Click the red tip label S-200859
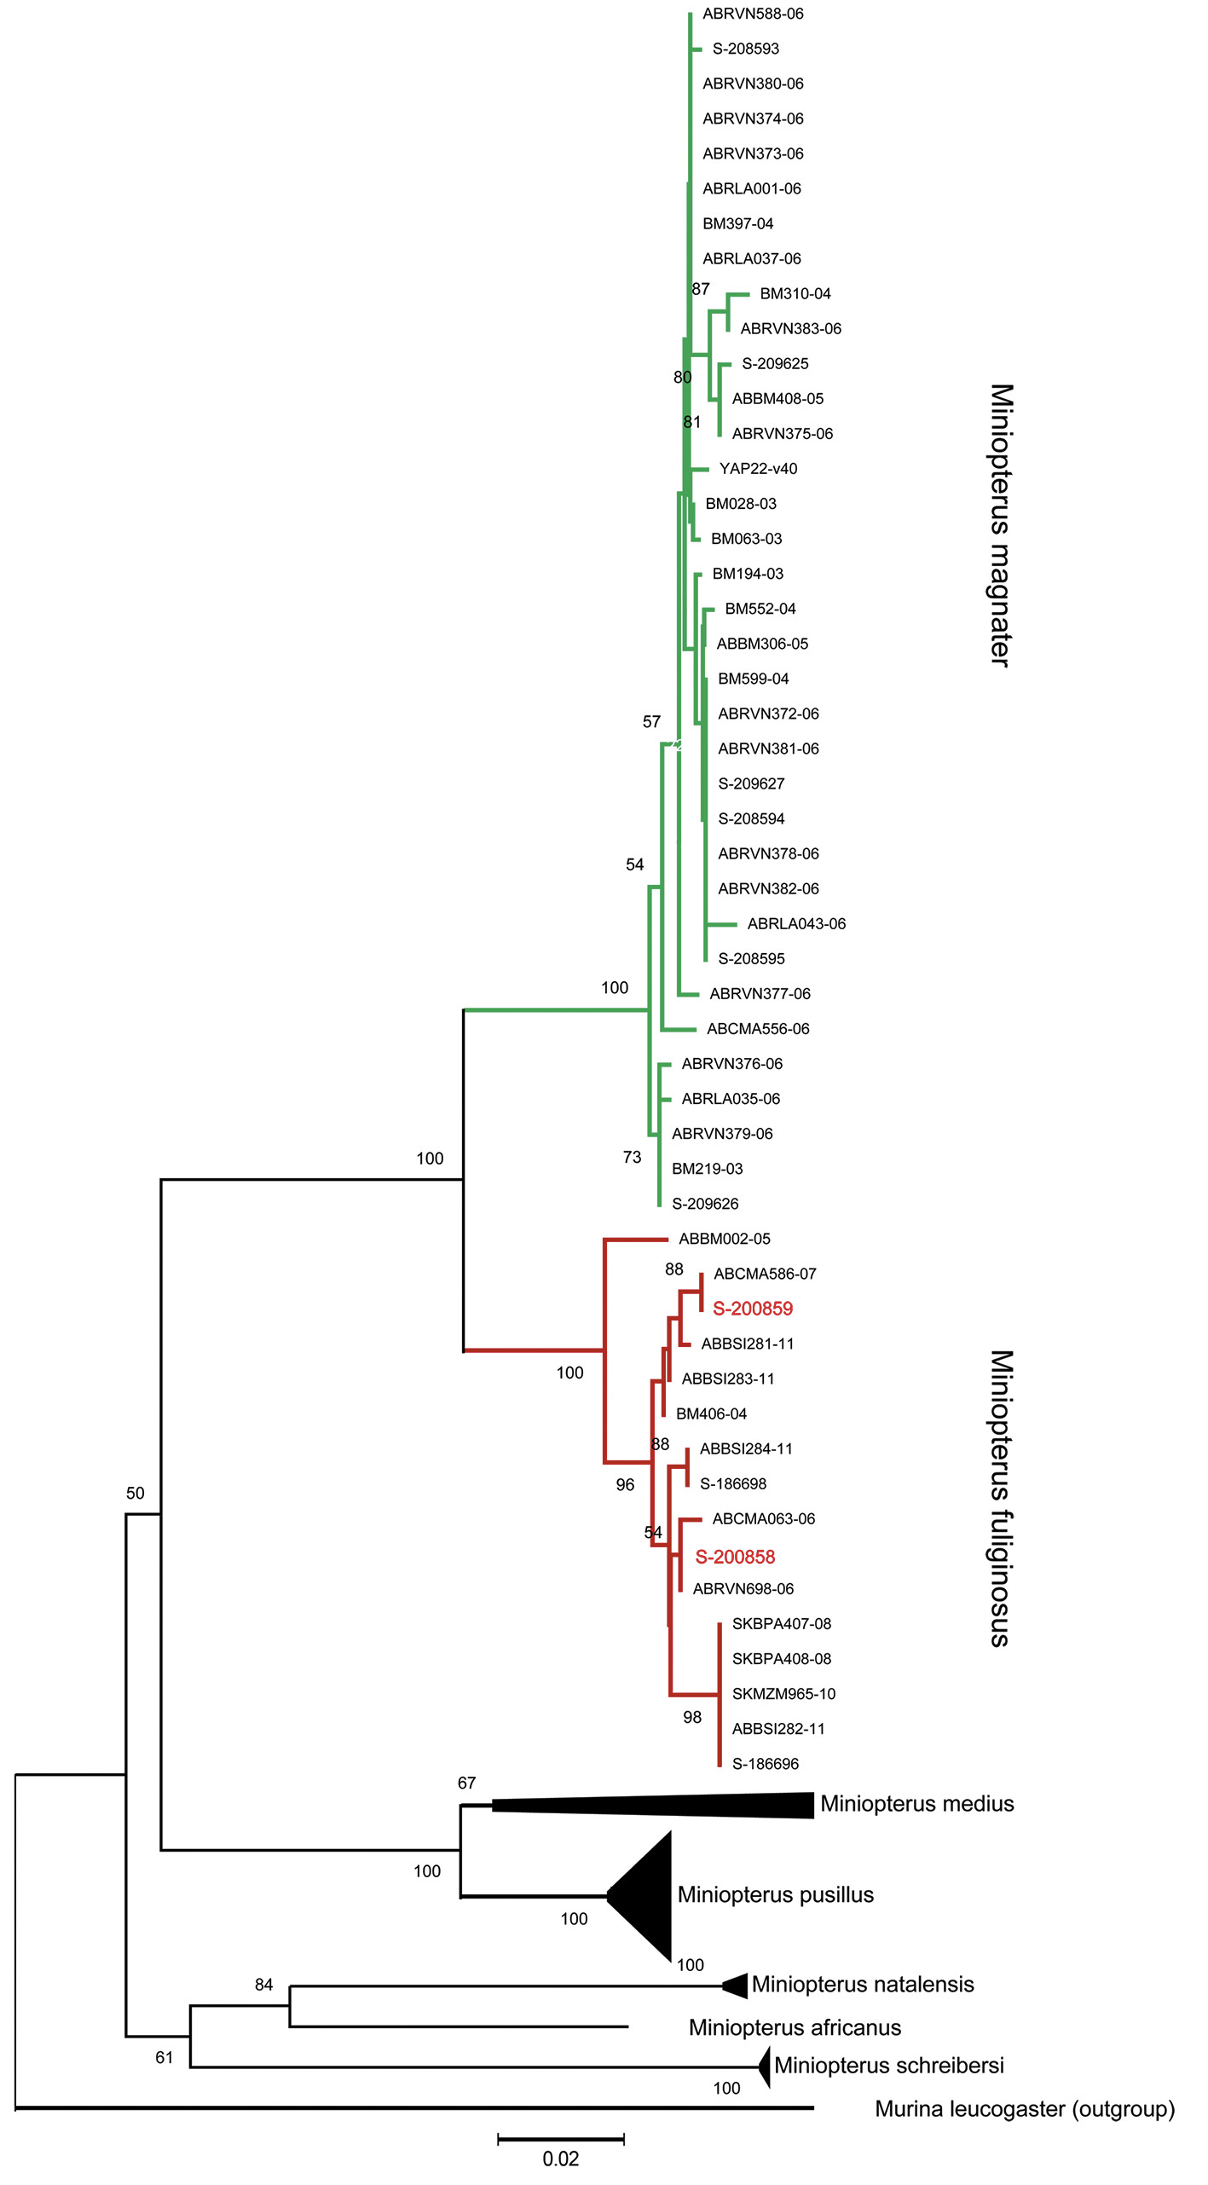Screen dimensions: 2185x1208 pos(752,1309)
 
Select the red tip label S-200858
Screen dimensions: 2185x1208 pos(735,1557)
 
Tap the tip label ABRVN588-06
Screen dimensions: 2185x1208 pos(753,14)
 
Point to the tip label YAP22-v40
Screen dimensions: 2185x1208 pos(758,469)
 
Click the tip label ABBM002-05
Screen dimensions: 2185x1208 pos(724,1239)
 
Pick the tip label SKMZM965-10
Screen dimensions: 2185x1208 pos(783,1694)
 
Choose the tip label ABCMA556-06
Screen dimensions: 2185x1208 pos(758,1029)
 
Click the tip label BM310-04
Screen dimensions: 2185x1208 pos(795,294)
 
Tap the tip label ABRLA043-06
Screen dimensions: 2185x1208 pos(796,924)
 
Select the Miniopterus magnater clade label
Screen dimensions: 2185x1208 pos(1001,525)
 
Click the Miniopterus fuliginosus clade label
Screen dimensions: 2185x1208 pos(1001,1499)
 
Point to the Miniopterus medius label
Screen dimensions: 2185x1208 pos(916,1804)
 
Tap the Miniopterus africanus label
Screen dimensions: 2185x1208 pos(795,2027)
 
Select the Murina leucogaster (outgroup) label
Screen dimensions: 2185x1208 pos(1025,2109)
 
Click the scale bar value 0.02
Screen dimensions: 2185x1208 pos(560,2159)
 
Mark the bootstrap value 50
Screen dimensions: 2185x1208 pos(136,1493)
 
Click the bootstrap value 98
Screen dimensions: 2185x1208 pos(692,1717)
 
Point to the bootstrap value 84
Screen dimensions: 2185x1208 pos(264,1985)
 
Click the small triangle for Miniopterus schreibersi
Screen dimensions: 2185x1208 pos(765,2067)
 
